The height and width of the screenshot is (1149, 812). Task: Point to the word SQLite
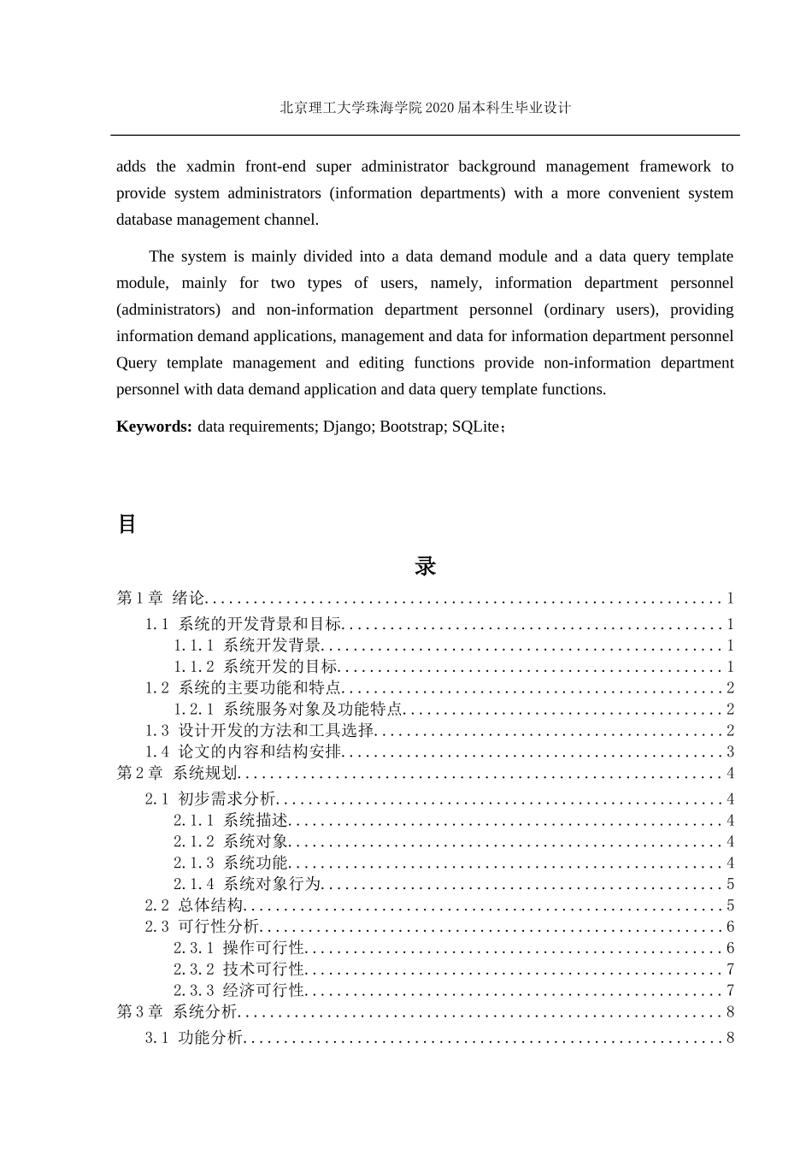coord(475,427)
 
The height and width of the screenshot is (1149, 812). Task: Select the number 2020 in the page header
coord(440,108)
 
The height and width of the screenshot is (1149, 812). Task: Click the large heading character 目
coord(127,524)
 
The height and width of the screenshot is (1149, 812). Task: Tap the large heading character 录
coord(425,566)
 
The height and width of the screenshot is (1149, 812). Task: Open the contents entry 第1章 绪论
coord(161,598)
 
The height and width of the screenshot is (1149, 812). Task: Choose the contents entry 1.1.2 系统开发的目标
coord(256,667)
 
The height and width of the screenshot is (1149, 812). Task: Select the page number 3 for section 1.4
coord(730,752)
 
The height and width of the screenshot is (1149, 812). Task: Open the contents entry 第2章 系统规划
coord(177,774)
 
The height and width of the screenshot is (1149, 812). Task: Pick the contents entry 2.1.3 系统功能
coord(231,863)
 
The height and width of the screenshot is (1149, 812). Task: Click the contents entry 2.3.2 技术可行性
coord(238,969)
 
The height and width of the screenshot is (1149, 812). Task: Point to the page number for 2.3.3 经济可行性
coord(730,991)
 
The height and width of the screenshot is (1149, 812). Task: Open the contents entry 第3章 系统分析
coord(177,1012)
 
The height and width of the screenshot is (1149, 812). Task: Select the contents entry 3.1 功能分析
coord(194,1038)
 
